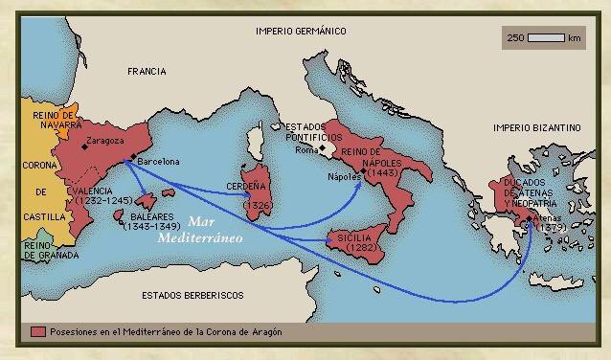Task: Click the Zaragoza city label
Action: [106, 142]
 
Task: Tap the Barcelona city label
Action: [159, 162]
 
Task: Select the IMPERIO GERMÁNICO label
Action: [300, 31]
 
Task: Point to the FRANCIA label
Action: [146, 72]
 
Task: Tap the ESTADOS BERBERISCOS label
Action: [192, 295]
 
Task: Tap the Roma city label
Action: [305, 150]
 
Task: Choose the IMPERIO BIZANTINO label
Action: [536, 127]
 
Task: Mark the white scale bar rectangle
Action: [546, 38]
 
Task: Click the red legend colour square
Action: [37, 331]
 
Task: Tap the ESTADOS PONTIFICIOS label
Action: [305, 132]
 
